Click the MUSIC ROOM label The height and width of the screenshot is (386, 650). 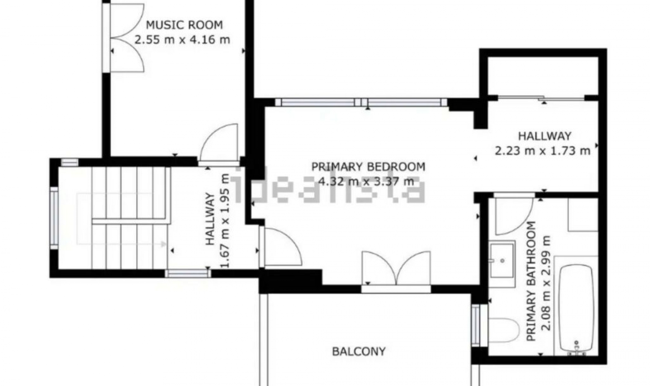(184, 25)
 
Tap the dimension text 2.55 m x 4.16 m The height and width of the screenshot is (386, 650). (182, 40)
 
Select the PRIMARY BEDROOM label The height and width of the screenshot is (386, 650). (368, 167)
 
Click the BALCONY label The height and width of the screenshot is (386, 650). (359, 351)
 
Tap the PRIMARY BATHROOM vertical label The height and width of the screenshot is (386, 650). (532, 281)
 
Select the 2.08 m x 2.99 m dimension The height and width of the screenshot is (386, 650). (546, 283)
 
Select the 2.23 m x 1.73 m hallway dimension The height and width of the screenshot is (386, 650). (542, 151)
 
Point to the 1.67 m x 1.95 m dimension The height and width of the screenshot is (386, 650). (224, 221)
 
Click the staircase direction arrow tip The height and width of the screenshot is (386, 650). (165, 244)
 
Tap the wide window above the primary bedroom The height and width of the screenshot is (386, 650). (361, 102)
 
